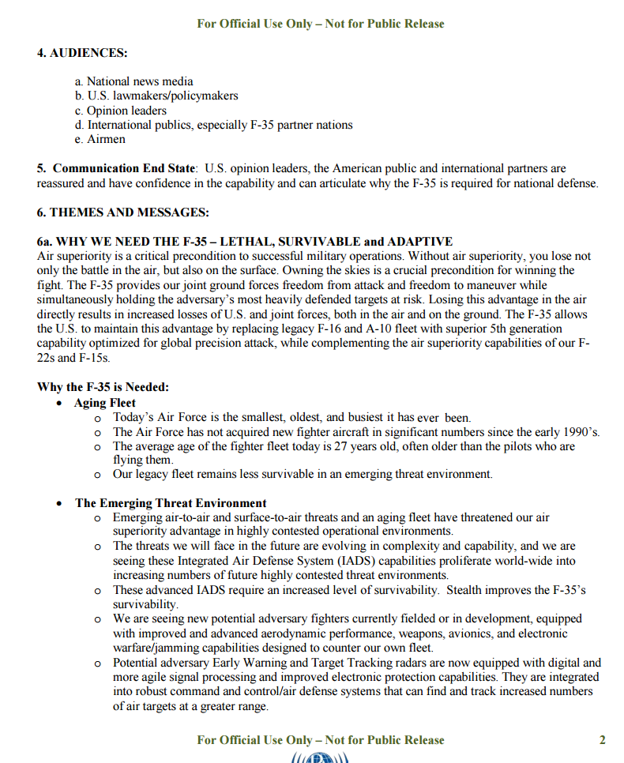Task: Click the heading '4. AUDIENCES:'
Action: [x=82, y=53]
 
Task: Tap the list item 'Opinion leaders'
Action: [x=126, y=111]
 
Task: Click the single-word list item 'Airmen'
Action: [x=106, y=139]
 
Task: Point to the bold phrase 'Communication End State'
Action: [x=123, y=168]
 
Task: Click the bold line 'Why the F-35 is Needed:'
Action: [x=103, y=387]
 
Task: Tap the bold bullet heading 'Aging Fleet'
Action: [x=105, y=403]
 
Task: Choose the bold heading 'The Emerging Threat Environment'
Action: [x=171, y=503]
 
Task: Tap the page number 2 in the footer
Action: [x=603, y=740]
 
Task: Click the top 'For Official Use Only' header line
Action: [x=321, y=24]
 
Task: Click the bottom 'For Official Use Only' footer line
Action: [x=321, y=740]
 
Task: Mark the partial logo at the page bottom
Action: [x=321, y=758]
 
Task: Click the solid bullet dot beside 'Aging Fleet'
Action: [x=60, y=404]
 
